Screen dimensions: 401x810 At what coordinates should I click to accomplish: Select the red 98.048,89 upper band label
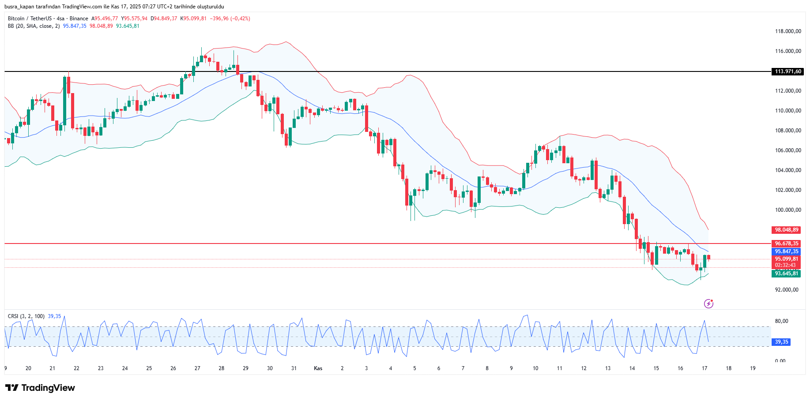(x=787, y=230)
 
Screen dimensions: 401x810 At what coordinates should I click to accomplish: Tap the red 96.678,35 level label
(x=787, y=244)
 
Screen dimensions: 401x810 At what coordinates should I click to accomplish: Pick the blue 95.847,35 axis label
(x=787, y=251)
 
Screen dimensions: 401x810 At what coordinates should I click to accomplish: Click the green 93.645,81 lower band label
(x=787, y=274)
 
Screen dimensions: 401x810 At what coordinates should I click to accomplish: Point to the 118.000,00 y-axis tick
(x=788, y=31)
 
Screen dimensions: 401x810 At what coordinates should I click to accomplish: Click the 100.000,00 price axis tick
(x=788, y=210)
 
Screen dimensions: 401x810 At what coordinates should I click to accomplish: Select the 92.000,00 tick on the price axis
(x=787, y=290)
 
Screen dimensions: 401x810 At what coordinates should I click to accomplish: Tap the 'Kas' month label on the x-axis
(x=318, y=368)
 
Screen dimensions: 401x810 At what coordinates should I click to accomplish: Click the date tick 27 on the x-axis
(x=197, y=368)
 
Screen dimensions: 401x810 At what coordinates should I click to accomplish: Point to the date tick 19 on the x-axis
(x=753, y=368)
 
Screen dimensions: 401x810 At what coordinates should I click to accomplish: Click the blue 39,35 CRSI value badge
(x=781, y=342)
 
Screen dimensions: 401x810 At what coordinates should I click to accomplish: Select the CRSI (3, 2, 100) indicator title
(x=26, y=316)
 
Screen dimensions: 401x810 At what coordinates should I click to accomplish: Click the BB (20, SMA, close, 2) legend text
(x=34, y=26)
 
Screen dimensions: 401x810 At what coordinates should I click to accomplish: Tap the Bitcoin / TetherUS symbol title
(x=30, y=19)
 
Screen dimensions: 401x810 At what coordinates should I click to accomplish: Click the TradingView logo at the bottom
(x=40, y=388)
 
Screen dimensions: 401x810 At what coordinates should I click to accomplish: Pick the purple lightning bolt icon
(x=708, y=304)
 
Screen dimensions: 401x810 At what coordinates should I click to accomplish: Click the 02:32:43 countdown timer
(x=785, y=265)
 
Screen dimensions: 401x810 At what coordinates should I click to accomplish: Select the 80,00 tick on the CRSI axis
(x=781, y=321)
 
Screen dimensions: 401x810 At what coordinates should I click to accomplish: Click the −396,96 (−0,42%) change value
(x=230, y=19)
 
